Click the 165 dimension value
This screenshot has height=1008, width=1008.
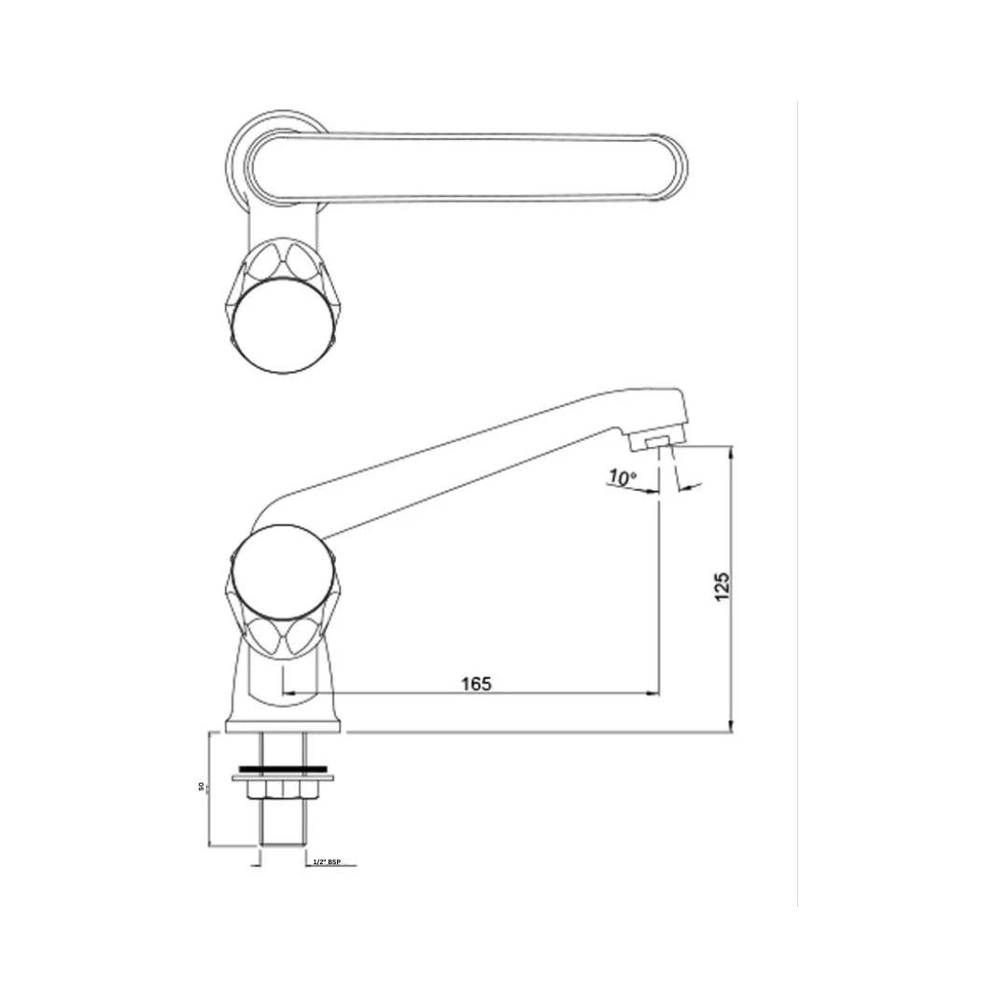476,683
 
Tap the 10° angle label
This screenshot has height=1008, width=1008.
622,478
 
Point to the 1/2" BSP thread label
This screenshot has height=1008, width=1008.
329,862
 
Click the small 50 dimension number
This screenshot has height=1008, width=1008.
201,787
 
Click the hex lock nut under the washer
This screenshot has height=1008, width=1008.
283,791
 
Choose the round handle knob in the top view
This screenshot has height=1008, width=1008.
279,326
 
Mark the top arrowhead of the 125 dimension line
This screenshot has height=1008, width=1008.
731,451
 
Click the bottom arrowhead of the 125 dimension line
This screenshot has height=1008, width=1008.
731,728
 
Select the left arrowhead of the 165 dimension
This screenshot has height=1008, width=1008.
288,693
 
